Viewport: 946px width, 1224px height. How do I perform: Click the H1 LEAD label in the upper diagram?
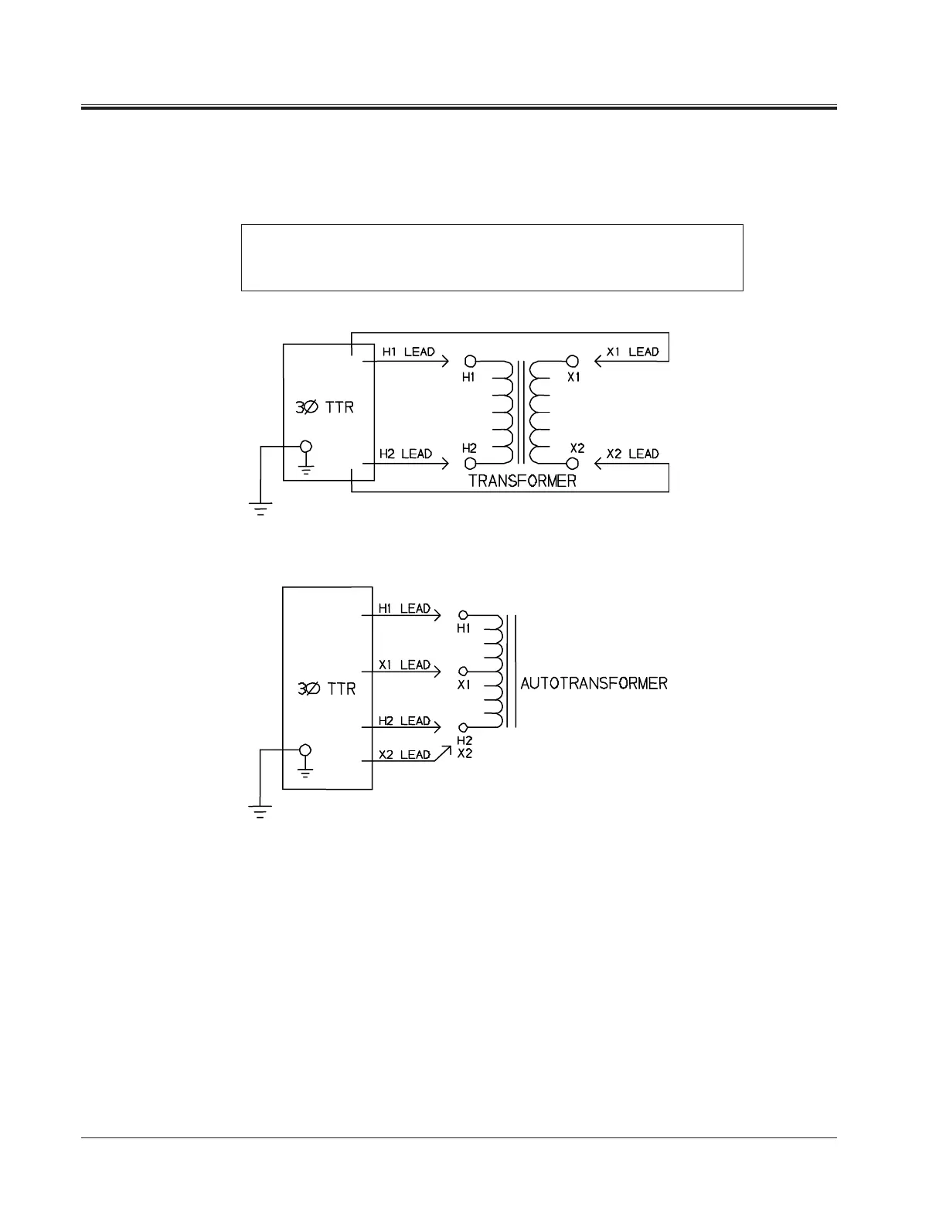point(409,352)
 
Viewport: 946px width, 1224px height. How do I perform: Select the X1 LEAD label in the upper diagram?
point(632,352)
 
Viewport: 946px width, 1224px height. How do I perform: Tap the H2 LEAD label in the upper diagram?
point(406,454)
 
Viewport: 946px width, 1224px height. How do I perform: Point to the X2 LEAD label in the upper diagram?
point(632,454)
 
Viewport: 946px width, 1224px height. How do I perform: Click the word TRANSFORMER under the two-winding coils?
point(522,481)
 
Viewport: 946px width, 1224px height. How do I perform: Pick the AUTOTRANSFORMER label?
point(594,683)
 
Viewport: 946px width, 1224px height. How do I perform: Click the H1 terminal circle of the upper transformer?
point(470,361)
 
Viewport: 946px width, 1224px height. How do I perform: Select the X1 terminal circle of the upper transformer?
point(573,361)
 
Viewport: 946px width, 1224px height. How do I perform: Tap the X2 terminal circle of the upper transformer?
point(573,464)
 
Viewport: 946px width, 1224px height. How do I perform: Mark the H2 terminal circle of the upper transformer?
point(470,464)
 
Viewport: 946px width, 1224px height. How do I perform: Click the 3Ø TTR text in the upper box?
point(325,406)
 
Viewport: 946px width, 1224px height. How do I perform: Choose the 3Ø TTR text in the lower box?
point(326,688)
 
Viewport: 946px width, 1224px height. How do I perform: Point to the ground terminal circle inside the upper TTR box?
point(306,447)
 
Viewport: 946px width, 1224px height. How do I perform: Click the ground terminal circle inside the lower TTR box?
point(305,750)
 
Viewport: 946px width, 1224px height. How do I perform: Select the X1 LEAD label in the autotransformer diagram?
point(404,665)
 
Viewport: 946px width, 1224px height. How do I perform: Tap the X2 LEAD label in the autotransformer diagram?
point(404,755)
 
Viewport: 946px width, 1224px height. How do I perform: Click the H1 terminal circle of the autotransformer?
point(463,615)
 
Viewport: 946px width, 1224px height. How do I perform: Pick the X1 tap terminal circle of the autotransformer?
point(463,671)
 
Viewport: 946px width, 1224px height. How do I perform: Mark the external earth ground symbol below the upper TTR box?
point(260,508)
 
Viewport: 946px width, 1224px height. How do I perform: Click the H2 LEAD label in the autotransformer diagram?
point(404,721)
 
